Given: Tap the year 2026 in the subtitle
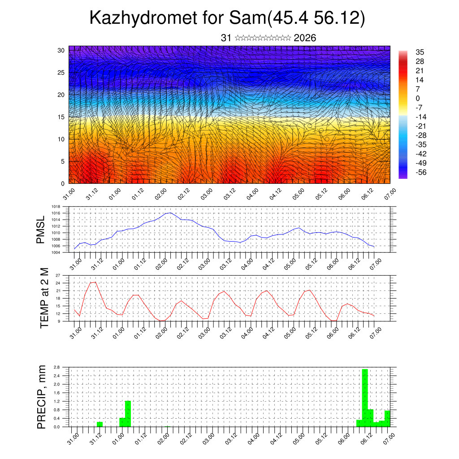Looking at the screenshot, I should (305, 38).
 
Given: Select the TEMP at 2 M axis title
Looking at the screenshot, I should (44, 298).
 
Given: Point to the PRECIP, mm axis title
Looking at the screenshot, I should (41, 397).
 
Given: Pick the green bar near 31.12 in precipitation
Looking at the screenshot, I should (100, 424).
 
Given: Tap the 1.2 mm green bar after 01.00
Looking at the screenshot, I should (128, 413).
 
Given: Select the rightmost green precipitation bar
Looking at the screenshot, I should (387, 418).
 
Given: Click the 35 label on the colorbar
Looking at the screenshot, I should (420, 52).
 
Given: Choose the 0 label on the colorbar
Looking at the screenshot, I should (418, 98).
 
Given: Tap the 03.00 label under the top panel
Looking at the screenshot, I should (206, 196).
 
